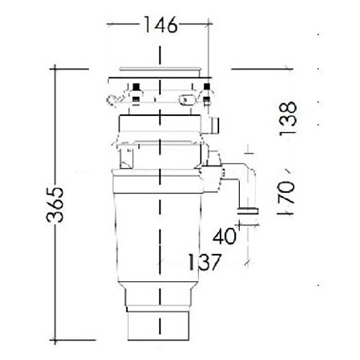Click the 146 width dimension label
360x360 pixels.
point(160,25)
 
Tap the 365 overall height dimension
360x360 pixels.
point(55,204)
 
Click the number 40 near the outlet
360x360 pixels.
point(224,236)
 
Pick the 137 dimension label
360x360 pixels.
point(204,262)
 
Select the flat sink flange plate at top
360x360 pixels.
point(159,77)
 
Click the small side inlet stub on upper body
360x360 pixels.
point(214,125)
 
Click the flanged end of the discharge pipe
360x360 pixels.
point(248,211)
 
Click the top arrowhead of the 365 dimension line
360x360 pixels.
point(55,70)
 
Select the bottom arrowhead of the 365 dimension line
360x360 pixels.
point(55,340)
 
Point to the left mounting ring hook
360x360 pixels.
point(113,99)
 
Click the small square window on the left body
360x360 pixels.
point(127,158)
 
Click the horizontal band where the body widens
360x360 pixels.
point(157,180)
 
